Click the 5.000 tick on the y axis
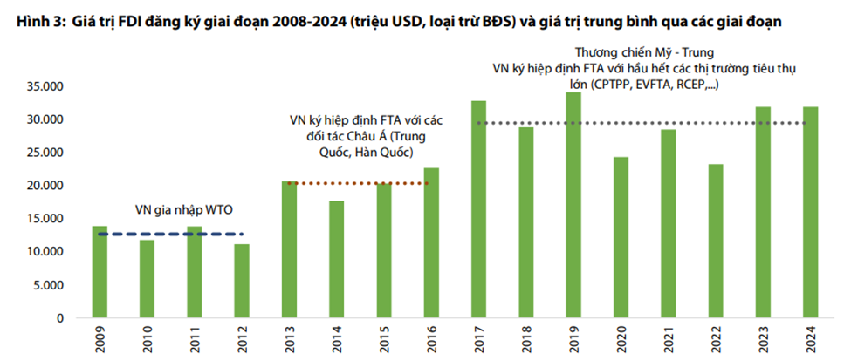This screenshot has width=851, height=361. pyautogui.click(x=50, y=285)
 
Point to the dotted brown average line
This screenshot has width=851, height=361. pyautogui.click(x=357, y=183)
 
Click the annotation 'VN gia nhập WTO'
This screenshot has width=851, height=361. pyautogui.click(x=183, y=210)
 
